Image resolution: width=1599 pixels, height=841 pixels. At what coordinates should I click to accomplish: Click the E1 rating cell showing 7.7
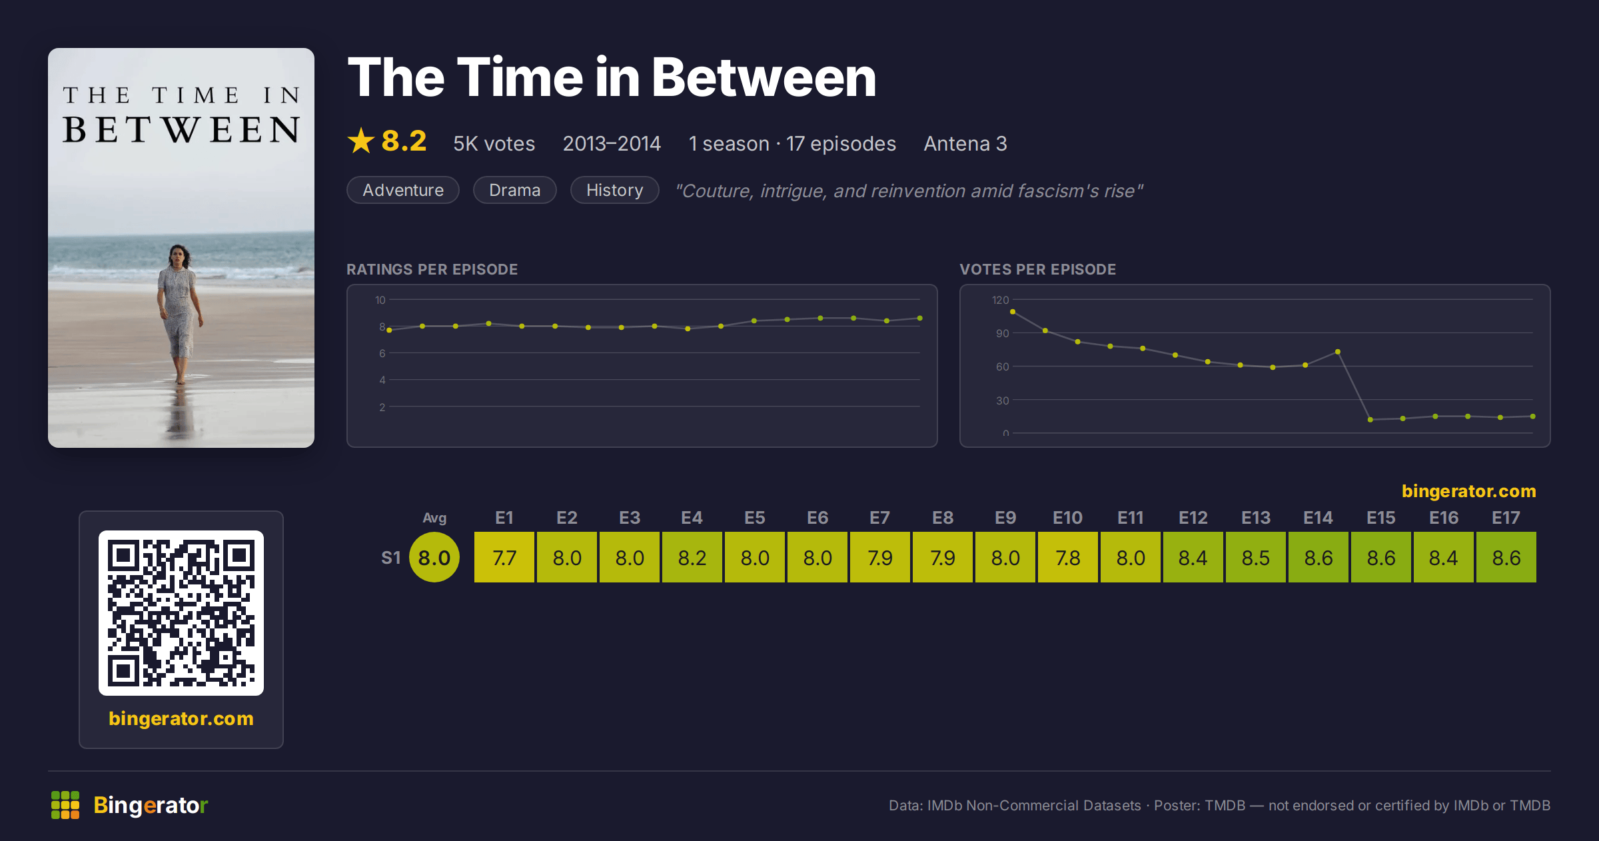(x=504, y=557)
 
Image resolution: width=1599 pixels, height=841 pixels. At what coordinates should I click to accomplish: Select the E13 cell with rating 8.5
(x=1256, y=557)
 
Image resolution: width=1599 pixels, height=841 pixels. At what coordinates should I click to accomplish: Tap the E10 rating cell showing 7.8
(x=1068, y=557)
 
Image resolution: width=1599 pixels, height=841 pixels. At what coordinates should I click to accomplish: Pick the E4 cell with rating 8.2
(x=692, y=557)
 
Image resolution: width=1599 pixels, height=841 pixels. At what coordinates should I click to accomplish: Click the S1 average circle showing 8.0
(x=434, y=557)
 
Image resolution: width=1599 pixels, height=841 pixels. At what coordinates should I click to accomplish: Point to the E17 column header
(x=1506, y=518)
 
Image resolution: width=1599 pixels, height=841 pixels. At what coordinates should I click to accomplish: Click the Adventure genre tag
(x=403, y=190)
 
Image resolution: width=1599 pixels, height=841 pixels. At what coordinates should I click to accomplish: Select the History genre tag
(x=615, y=190)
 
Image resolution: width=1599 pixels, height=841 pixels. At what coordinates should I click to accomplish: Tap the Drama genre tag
(x=515, y=190)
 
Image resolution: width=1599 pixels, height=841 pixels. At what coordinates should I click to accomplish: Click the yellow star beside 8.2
(x=361, y=141)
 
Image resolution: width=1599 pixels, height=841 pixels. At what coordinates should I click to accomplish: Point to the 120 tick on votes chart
(x=1001, y=300)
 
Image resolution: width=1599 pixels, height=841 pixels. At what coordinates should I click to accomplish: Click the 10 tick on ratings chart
(x=380, y=300)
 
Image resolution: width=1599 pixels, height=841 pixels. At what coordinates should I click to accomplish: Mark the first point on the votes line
(x=1013, y=311)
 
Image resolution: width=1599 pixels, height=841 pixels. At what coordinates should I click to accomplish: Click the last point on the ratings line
(x=920, y=318)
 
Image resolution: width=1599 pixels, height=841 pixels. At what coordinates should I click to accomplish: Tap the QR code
(x=181, y=613)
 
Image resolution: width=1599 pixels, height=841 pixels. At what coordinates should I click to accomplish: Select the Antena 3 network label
(x=965, y=143)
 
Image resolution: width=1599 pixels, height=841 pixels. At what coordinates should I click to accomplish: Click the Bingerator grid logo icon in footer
(x=65, y=805)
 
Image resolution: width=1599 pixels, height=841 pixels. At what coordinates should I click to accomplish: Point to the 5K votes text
(x=494, y=143)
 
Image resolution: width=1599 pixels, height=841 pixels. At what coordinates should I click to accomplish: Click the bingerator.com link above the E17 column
(x=1469, y=491)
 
